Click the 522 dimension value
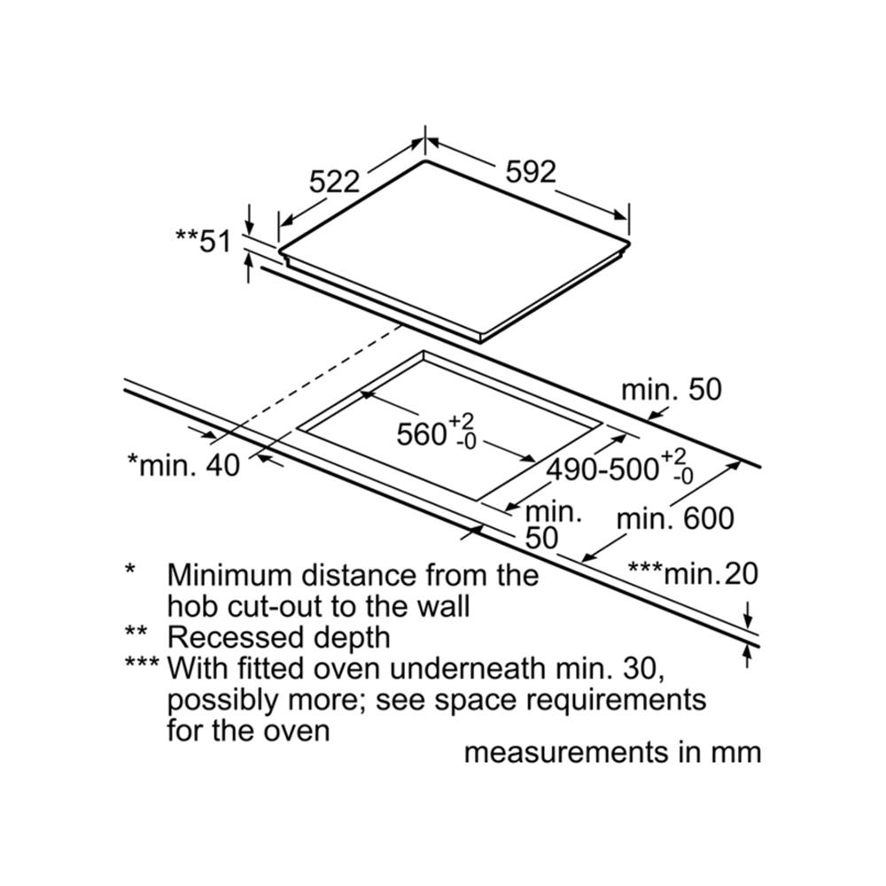335,182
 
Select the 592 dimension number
530,171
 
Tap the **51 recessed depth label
203,240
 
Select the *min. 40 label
183,463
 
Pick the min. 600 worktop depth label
675,518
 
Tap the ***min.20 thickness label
693,574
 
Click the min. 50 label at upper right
672,390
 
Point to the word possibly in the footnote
222,700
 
